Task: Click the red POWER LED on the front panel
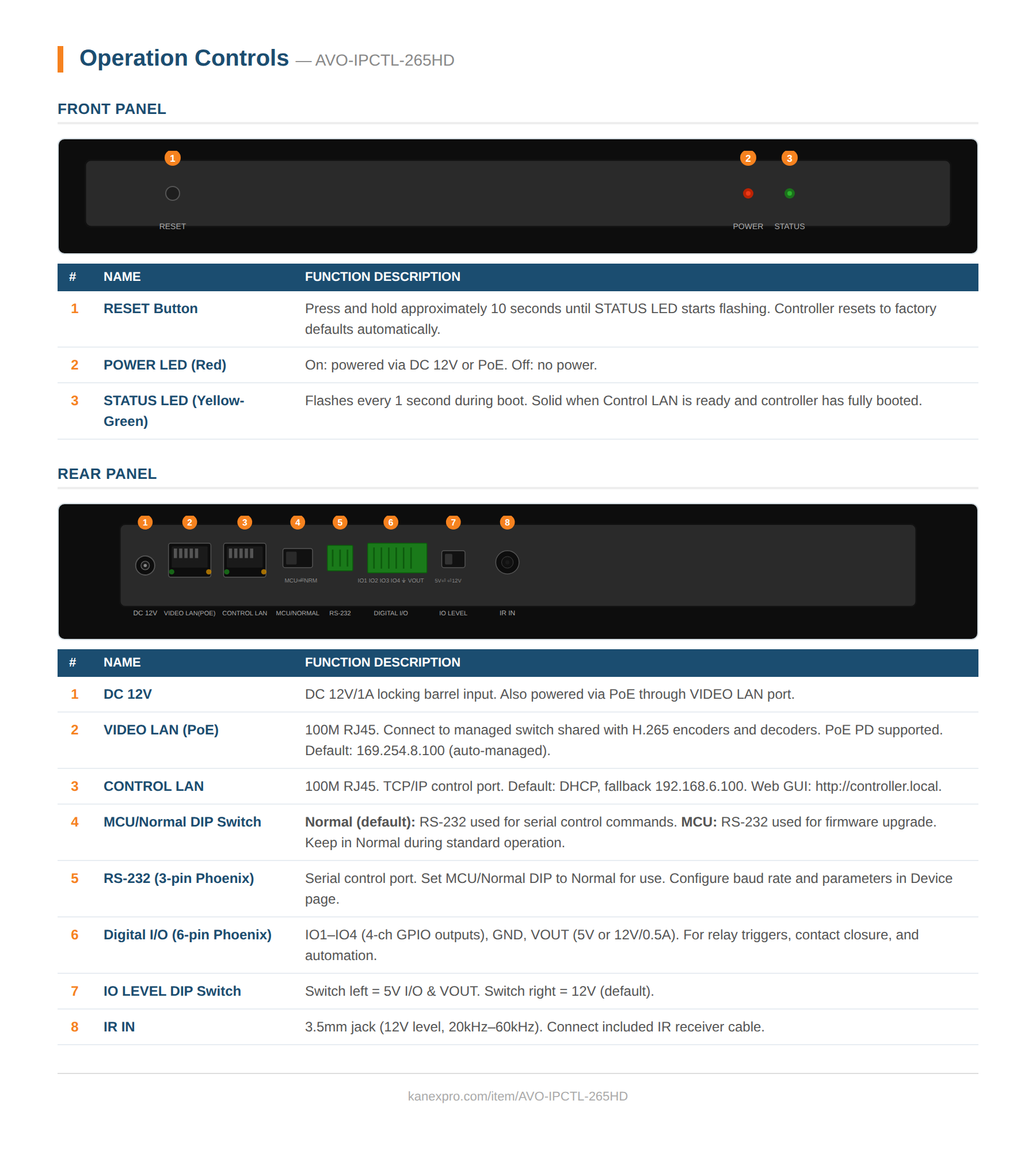pyautogui.click(x=748, y=193)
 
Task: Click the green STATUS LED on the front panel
pyautogui.click(x=789, y=193)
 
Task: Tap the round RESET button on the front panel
pyautogui.click(x=172, y=193)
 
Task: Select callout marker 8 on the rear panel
pyautogui.click(x=506, y=522)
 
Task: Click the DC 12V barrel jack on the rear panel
pyautogui.click(x=145, y=565)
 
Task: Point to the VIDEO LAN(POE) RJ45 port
pyautogui.click(x=189, y=559)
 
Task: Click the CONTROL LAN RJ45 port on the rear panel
pyautogui.click(x=245, y=559)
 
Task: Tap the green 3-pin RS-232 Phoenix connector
pyautogui.click(x=340, y=558)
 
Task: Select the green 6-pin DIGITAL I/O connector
pyautogui.click(x=397, y=558)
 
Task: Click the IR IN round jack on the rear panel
pyautogui.click(x=507, y=562)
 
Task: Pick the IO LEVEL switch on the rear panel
pyautogui.click(x=453, y=559)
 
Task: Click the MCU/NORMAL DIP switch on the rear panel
pyautogui.click(x=298, y=558)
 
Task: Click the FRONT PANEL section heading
pyautogui.click(x=112, y=109)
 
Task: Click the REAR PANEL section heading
pyautogui.click(x=107, y=474)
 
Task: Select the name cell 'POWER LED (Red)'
pyautogui.click(x=165, y=365)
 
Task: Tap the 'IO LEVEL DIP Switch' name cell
pyautogui.click(x=172, y=991)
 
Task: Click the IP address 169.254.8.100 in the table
pyautogui.click(x=400, y=751)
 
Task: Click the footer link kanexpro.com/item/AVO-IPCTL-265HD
pyautogui.click(x=517, y=1096)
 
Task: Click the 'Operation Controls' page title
pyautogui.click(x=184, y=58)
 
